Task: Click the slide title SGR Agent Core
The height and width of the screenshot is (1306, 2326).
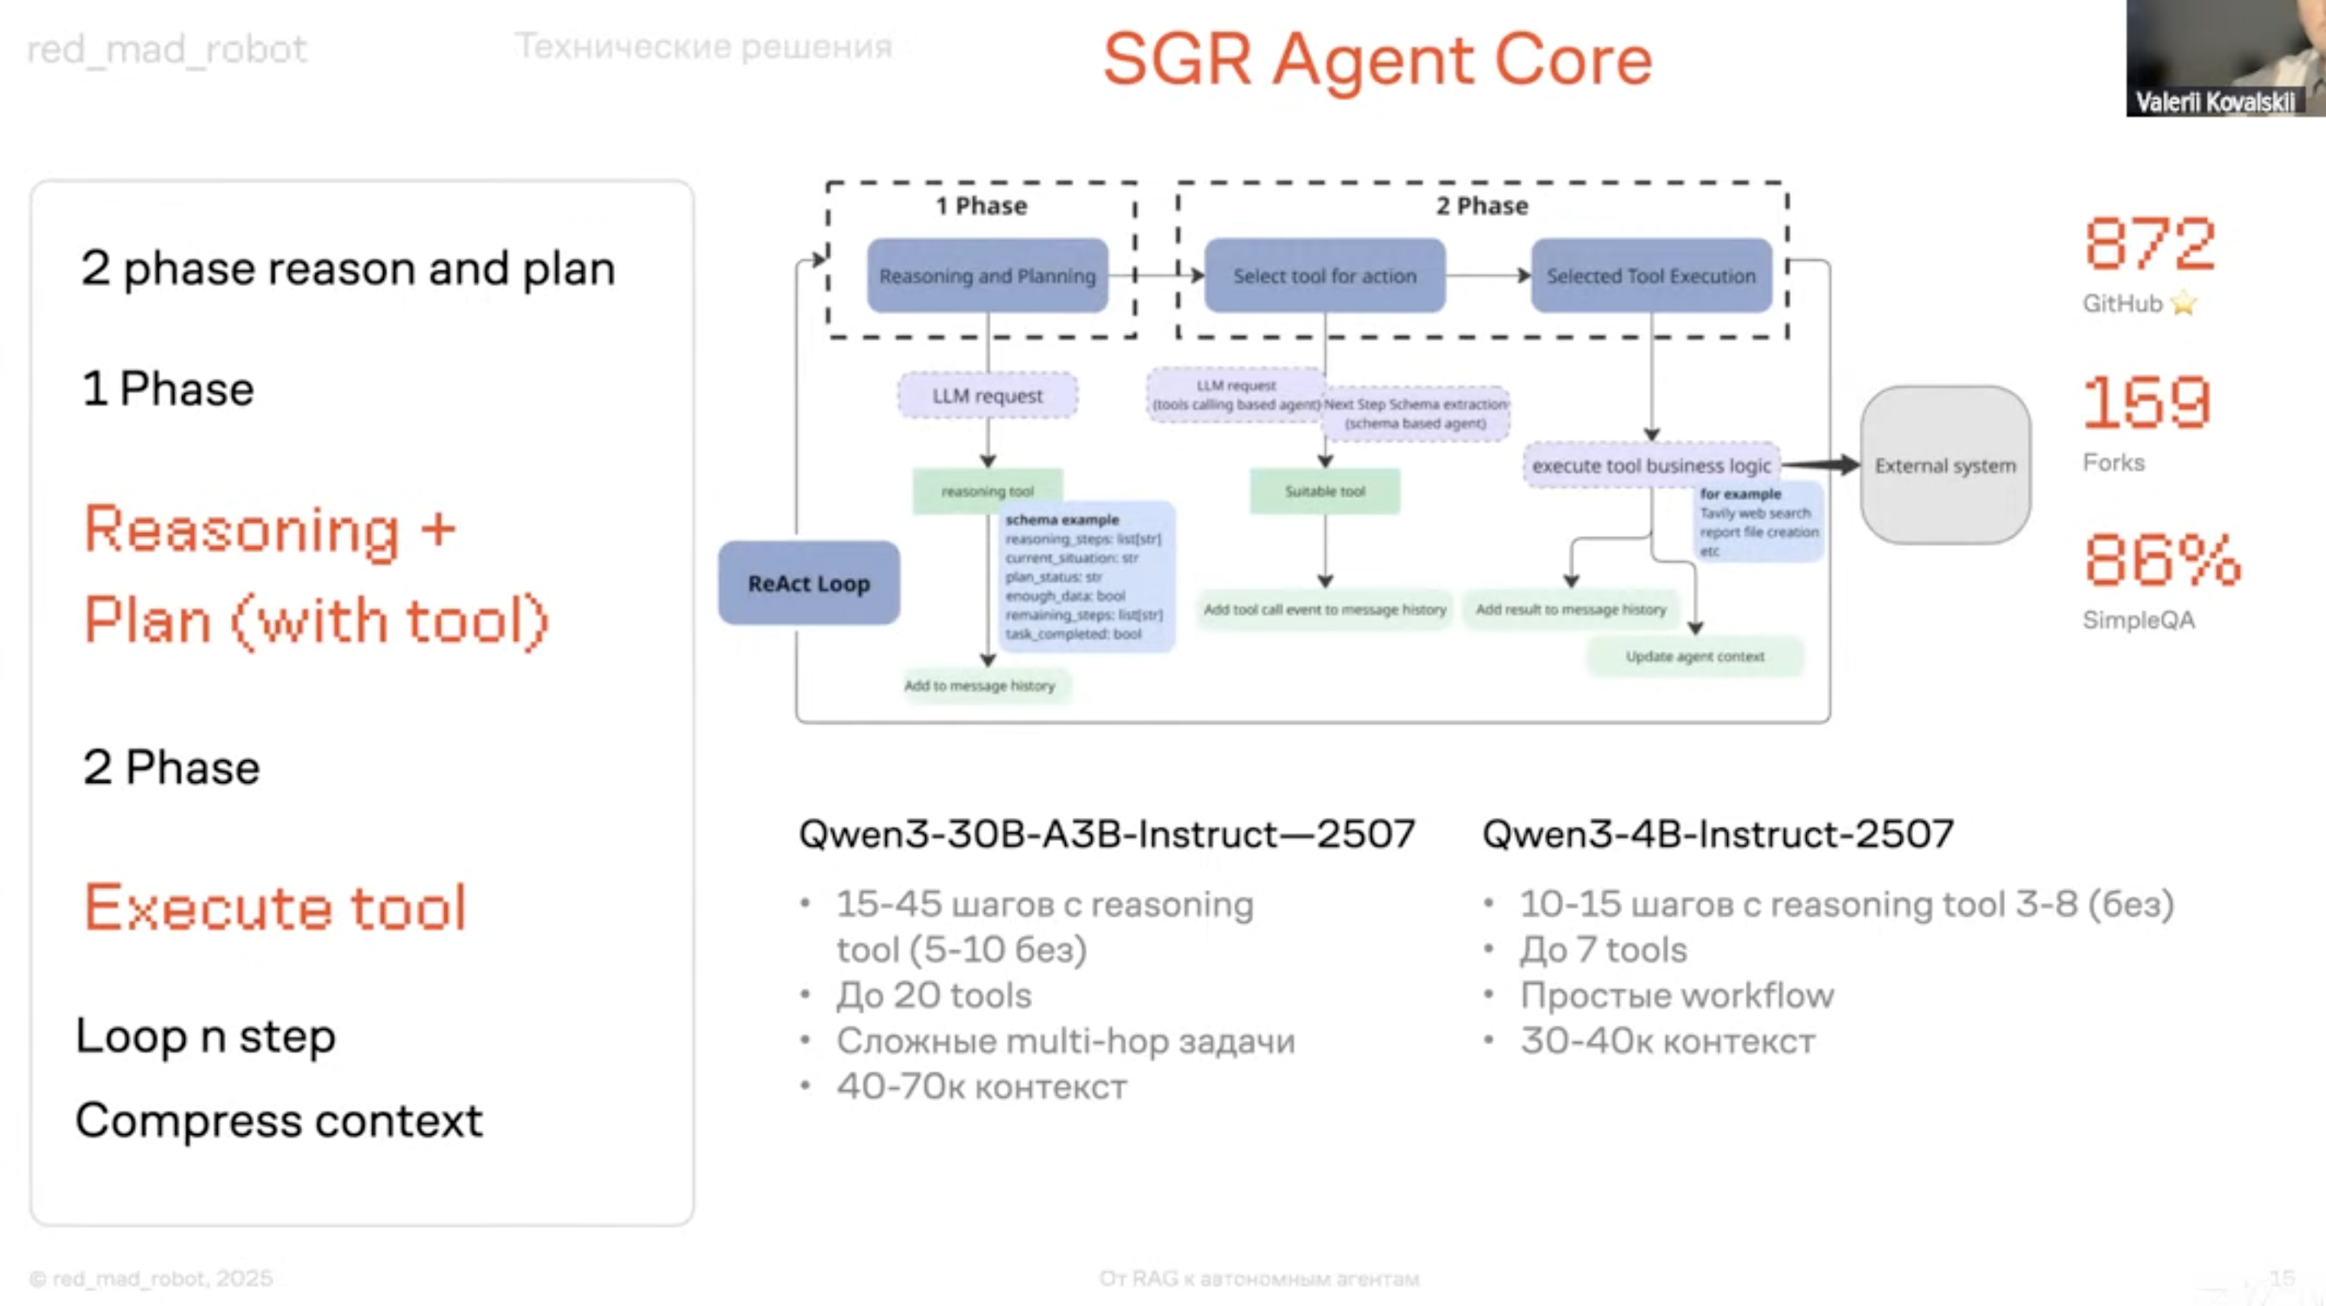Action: (x=1377, y=60)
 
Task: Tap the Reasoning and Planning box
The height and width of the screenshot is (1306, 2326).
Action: (x=987, y=275)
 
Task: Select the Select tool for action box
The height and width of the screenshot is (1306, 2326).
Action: (x=1324, y=275)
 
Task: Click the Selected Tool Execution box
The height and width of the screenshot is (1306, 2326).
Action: (x=1651, y=275)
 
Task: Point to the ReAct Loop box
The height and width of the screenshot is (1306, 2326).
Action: (x=808, y=583)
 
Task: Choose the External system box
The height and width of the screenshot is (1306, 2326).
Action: (x=1945, y=465)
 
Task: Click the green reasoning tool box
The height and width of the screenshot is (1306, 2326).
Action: (x=987, y=490)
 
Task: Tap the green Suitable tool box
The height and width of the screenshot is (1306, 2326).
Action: (x=1324, y=490)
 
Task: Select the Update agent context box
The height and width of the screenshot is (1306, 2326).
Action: (x=1695, y=657)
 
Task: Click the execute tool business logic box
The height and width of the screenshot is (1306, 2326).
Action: (x=1651, y=465)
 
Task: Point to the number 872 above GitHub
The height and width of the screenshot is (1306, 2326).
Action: (x=2149, y=244)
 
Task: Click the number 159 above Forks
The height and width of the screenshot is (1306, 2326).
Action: (x=2147, y=403)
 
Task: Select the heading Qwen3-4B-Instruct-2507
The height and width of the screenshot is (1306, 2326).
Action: (x=1717, y=833)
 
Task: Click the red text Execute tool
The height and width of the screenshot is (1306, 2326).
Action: (x=275, y=907)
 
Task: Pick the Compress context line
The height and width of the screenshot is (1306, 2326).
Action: (x=279, y=1121)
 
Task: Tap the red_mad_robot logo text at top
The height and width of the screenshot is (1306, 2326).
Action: (x=167, y=49)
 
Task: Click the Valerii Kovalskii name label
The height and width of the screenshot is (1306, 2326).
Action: (x=2214, y=102)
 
